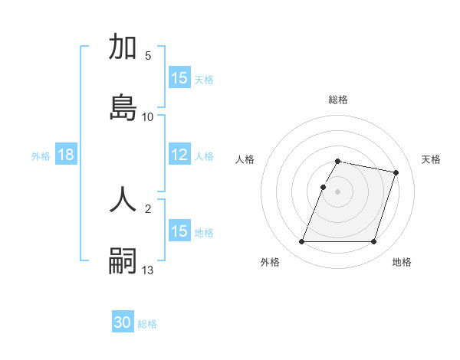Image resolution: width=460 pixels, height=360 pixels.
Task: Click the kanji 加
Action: click(123, 47)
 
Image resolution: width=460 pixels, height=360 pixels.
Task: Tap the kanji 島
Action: click(123, 107)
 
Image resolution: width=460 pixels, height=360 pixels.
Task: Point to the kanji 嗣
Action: click(123, 260)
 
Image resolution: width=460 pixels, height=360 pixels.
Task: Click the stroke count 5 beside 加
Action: click(148, 56)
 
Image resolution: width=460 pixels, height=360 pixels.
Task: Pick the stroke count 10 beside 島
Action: click(148, 116)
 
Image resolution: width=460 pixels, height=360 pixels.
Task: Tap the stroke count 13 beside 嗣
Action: click(148, 270)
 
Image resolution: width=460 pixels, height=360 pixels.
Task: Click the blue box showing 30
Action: click(123, 323)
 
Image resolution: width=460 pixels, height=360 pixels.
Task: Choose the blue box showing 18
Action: click(65, 155)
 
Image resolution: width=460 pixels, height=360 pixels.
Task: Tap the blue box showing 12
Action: click(179, 155)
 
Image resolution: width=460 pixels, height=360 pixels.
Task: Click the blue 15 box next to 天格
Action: click(179, 78)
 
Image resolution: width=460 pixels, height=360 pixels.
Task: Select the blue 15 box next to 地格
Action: click(179, 231)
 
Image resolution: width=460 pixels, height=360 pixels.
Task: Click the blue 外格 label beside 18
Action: click(41, 156)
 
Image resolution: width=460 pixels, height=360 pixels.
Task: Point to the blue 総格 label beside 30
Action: click(147, 324)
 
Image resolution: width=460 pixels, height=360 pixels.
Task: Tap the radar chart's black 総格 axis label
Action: click(338, 100)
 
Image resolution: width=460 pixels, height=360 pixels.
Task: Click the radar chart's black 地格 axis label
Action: click(402, 262)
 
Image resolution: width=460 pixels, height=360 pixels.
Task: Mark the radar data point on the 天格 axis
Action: click(396, 173)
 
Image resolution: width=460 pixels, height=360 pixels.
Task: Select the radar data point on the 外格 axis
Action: click(302, 242)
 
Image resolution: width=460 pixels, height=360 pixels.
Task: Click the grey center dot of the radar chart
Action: click(338, 191)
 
